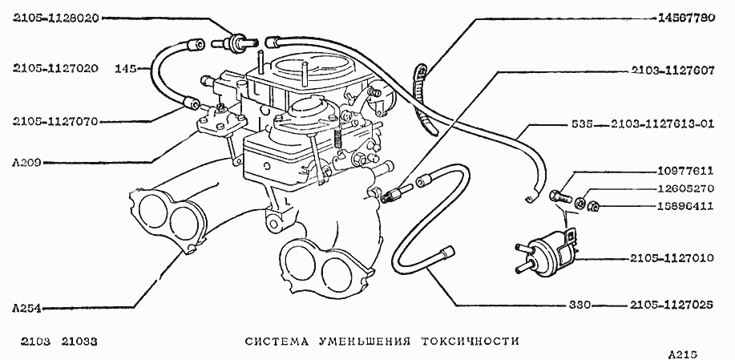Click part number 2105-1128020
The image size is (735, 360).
(55, 18)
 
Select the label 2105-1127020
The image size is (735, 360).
(55, 68)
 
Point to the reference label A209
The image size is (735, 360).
(26, 162)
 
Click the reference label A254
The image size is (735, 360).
(26, 307)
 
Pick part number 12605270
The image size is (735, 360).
(684, 191)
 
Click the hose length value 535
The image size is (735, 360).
(584, 124)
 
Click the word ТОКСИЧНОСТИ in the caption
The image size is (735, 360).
(470, 341)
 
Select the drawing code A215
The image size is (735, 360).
(684, 353)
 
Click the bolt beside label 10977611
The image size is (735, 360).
(559, 193)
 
